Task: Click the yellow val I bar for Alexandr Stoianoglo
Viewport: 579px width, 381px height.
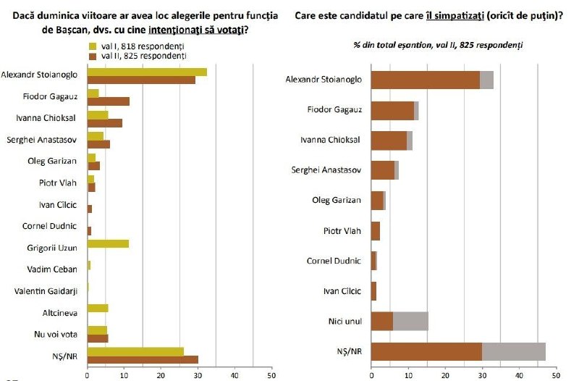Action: (x=147, y=72)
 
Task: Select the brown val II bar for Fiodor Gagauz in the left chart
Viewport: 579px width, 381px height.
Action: (x=109, y=101)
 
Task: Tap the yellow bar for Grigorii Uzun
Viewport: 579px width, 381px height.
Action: (x=108, y=244)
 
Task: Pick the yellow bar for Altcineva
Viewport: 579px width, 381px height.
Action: (x=98, y=308)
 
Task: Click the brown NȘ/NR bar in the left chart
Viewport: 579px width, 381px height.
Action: (x=143, y=359)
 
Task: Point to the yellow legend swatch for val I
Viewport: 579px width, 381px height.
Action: (x=93, y=46)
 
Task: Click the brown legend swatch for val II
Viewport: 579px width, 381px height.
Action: (x=93, y=56)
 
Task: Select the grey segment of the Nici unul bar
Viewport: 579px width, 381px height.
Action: (x=410, y=321)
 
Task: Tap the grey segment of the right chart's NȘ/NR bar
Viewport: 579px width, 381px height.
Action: (x=514, y=351)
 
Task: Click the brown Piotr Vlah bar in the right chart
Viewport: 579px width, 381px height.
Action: (x=376, y=231)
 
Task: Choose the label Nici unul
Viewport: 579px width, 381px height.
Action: (x=345, y=321)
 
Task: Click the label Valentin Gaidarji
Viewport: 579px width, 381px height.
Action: (x=46, y=291)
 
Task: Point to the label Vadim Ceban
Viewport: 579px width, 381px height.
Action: (x=52, y=269)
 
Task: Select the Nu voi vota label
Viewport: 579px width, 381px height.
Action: (x=56, y=335)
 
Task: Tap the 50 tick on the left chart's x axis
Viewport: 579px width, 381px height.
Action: (x=271, y=375)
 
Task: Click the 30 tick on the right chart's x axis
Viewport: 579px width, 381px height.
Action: (x=482, y=375)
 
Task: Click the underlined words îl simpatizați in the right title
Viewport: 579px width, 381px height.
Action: (x=455, y=16)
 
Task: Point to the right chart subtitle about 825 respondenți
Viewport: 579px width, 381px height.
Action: (x=438, y=45)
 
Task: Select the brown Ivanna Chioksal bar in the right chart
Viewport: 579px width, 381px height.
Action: (x=389, y=141)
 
